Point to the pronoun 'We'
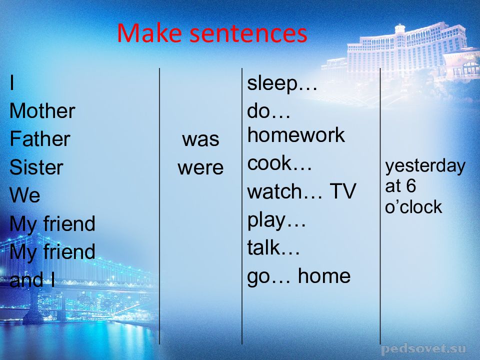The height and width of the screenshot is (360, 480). point(25,195)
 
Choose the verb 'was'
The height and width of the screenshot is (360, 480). point(200,139)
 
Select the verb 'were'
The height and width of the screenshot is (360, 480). point(200,168)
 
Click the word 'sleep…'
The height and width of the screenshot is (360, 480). point(282,83)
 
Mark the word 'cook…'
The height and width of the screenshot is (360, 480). point(279,163)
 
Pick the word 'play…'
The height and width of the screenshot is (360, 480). point(276,221)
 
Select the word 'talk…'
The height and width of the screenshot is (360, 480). point(273,247)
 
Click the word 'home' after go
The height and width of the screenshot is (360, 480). point(324,276)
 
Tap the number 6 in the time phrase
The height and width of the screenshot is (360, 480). point(411,186)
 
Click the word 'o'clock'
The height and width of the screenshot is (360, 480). point(413,207)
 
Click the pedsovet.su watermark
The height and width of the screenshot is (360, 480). point(423,349)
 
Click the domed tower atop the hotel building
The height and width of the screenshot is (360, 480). point(400,29)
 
